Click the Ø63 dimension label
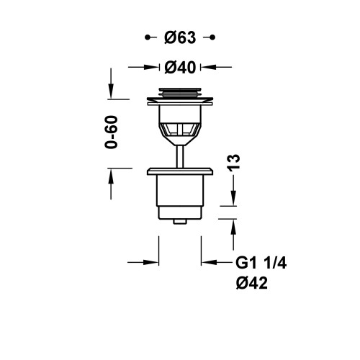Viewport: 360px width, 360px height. coord(180,37)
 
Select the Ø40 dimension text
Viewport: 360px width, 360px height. coord(180,67)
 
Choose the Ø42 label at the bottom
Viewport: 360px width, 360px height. coord(251,284)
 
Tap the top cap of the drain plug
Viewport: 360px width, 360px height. coord(179,92)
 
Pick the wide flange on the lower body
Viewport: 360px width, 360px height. coord(179,171)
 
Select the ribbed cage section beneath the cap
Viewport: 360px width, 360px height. coord(179,130)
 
